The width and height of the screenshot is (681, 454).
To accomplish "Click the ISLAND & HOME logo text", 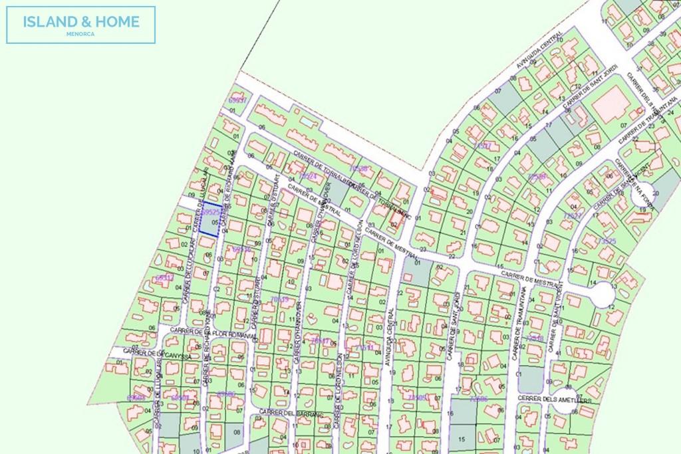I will (81, 21).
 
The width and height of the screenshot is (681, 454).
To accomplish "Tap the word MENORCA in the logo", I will (81, 34).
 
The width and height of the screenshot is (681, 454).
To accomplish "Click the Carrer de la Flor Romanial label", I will (213, 332).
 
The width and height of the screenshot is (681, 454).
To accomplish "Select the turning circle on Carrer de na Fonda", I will (641, 196).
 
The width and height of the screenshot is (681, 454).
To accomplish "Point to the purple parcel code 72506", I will (478, 399).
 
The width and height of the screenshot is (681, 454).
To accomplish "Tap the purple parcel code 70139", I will (279, 300).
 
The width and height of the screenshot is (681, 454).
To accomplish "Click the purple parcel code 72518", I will (535, 339).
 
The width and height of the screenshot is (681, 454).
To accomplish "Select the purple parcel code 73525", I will (607, 241).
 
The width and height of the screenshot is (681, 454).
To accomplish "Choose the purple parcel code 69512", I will (164, 278).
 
